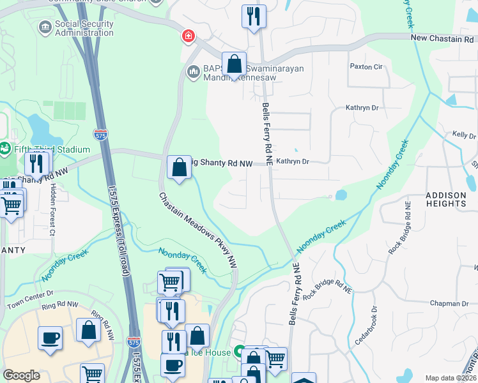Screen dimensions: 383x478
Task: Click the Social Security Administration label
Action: click(x=84, y=29)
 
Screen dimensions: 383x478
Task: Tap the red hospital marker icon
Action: click(x=188, y=36)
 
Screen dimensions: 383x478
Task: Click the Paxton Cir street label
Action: click(x=366, y=66)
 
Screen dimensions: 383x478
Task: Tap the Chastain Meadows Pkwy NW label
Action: click(x=198, y=230)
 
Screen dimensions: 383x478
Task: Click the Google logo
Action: click(x=21, y=375)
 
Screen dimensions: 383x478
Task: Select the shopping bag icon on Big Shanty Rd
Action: click(x=180, y=167)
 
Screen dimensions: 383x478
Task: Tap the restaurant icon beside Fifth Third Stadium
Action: click(x=38, y=163)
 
